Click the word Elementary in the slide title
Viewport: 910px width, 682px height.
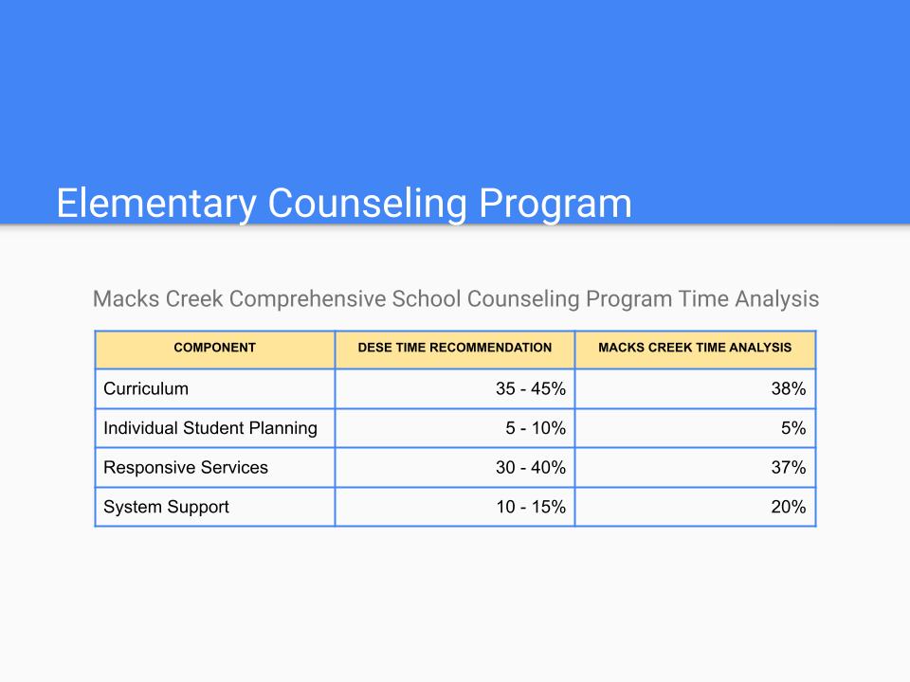pyautogui.click(x=156, y=204)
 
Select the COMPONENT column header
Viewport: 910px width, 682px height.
pyautogui.click(x=215, y=348)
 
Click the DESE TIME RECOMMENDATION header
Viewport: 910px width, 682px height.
pyautogui.click(x=454, y=348)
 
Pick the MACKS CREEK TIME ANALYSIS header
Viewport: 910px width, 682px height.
pyautogui.click(x=695, y=348)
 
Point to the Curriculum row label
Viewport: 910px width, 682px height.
pyautogui.click(x=146, y=388)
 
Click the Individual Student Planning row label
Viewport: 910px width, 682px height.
pyautogui.click(x=210, y=428)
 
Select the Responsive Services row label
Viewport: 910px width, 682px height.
pyautogui.click(x=186, y=467)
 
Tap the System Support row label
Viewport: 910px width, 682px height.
pyautogui.click(x=166, y=507)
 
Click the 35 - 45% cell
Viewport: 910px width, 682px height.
pyautogui.click(x=531, y=388)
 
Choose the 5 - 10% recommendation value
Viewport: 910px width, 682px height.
pyautogui.click(x=536, y=428)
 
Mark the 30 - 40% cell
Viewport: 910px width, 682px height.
pyautogui.click(x=531, y=467)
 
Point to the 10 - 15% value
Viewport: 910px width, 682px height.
pyautogui.click(x=531, y=507)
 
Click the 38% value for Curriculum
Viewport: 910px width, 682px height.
pyautogui.click(x=788, y=388)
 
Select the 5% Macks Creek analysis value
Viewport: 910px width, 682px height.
pyautogui.click(x=793, y=428)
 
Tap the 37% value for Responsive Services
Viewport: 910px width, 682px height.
pyautogui.click(x=788, y=467)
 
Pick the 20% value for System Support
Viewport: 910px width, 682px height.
pyautogui.click(x=788, y=507)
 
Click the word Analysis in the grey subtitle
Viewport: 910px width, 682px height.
pyautogui.click(x=777, y=299)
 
